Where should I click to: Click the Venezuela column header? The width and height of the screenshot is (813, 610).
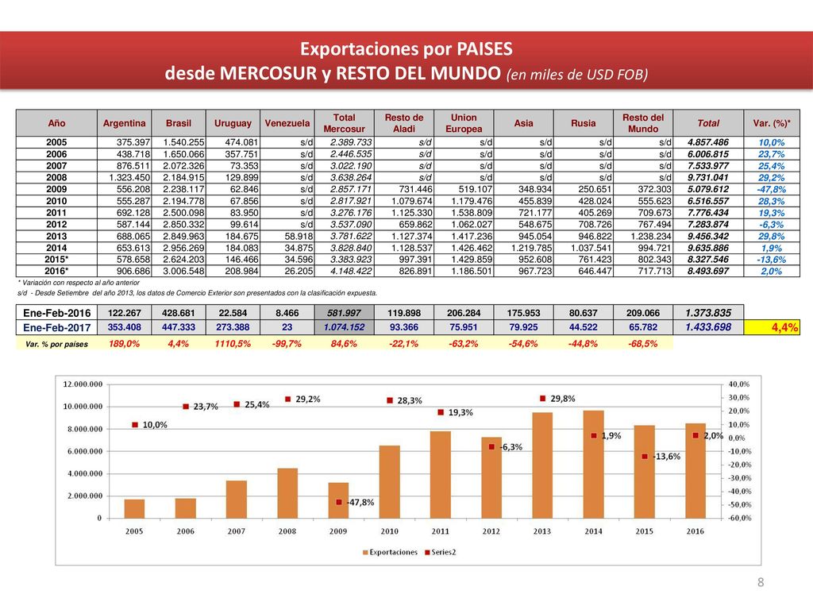coord(287,123)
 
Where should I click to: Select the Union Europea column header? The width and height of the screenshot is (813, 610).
coord(464,123)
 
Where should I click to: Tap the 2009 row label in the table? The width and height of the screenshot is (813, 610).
coord(56,189)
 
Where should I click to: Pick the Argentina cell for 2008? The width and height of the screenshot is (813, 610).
coord(125,177)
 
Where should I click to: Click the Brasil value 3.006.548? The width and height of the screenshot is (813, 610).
coord(183,272)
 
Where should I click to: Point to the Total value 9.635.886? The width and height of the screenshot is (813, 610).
coord(708,248)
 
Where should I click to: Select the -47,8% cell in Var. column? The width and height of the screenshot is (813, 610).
coord(771,189)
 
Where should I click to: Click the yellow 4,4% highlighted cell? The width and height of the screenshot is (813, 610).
coord(772,327)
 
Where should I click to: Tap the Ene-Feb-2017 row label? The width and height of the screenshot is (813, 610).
coord(56,327)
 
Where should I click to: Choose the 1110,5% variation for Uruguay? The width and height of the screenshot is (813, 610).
coord(233,343)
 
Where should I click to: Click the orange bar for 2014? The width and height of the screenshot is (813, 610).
coord(593,464)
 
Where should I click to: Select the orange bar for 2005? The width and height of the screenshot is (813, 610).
coord(134,509)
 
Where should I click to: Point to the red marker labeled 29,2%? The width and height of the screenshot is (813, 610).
coord(287,399)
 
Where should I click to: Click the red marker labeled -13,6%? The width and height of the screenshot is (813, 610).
coord(645,457)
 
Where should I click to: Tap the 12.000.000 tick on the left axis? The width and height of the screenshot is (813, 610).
coord(83,384)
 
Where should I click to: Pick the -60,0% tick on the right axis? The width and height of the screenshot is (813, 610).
coord(739,518)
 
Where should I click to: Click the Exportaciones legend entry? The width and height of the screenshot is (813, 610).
coord(390,552)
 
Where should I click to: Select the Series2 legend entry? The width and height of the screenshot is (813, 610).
coord(440,552)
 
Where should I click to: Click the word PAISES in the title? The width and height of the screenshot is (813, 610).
coord(484,48)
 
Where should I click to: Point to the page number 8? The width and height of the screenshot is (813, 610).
coord(761,582)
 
